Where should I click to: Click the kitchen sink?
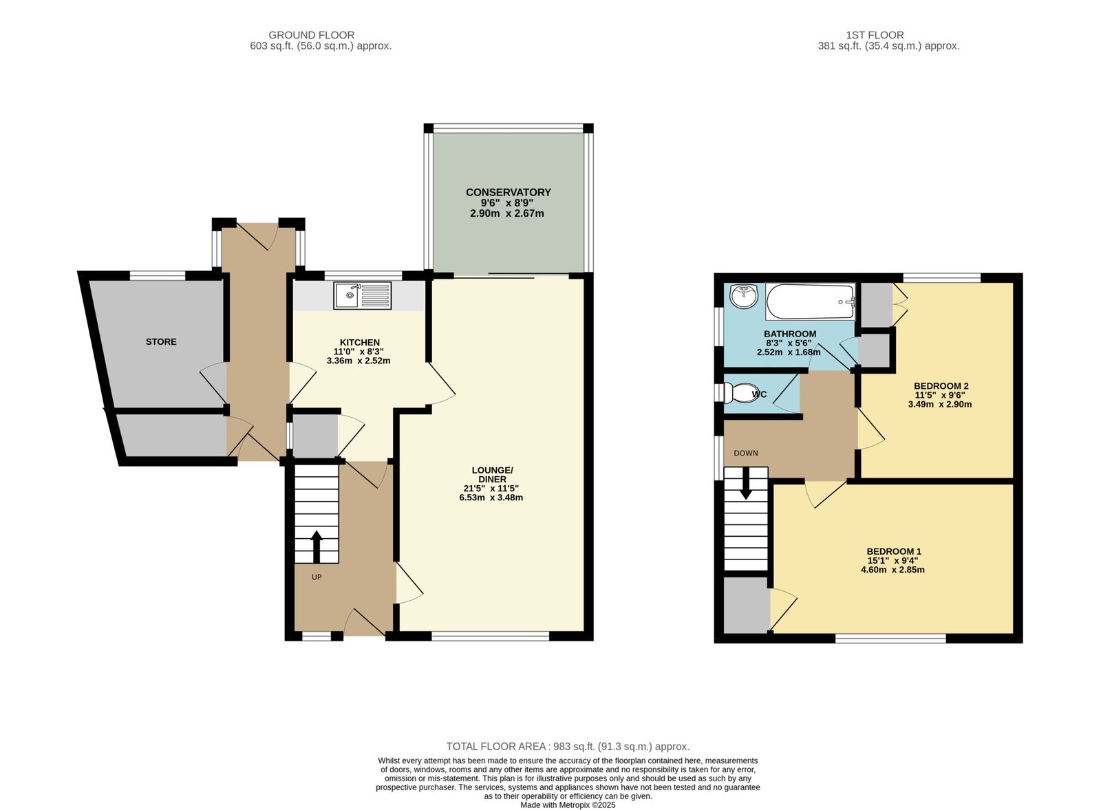(362, 295)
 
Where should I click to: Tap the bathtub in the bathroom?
(811, 302)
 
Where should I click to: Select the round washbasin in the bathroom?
(744, 297)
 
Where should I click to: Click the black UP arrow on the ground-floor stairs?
(317, 547)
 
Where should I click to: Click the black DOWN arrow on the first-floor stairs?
(746, 484)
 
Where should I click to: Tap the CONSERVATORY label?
(509, 192)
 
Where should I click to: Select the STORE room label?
(161, 341)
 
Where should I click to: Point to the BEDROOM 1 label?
(894, 551)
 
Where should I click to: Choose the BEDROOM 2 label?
(941, 386)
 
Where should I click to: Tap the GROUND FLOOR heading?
(311, 35)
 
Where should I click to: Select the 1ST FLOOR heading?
(875, 35)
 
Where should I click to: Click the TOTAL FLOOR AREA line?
(568, 747)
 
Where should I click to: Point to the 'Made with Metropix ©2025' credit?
(568, 805)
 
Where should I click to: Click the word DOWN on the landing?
(746, 453)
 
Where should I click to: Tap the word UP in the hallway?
(317, 577)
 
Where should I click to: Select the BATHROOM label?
(790, 334)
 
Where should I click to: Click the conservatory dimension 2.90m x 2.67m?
(506, 213)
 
